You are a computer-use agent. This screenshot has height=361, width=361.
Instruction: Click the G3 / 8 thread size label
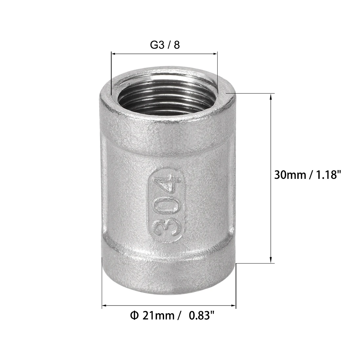click(x=165, y=45)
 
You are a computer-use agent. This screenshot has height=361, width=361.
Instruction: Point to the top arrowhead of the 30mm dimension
click(x=271, y=96)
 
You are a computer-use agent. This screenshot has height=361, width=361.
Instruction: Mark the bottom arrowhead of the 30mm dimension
click(x=271, y=261)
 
